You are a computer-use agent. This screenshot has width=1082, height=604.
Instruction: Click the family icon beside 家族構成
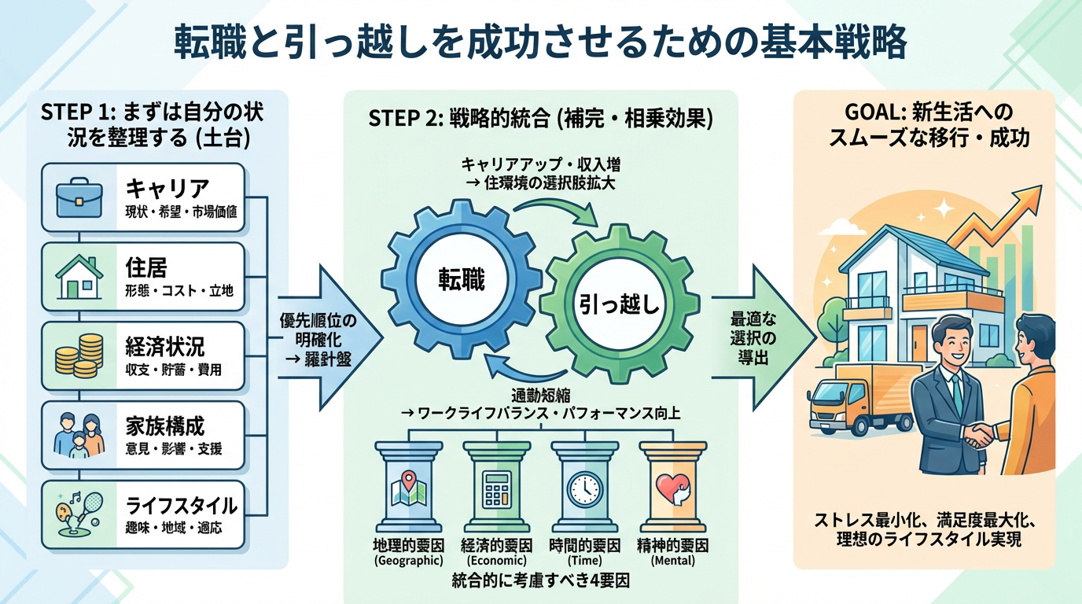pos(79,435)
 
